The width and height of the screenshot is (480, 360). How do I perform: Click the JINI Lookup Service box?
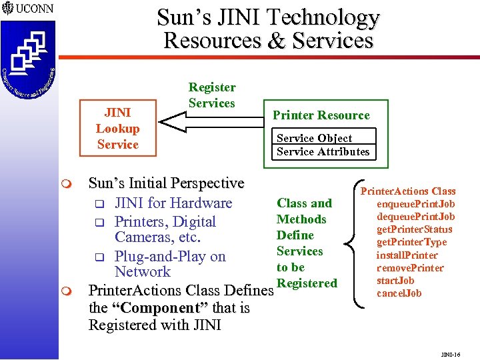[117, 129]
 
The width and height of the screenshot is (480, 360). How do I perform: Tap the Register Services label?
[212, 95]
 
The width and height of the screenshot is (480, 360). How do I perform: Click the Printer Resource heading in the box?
[321, 115]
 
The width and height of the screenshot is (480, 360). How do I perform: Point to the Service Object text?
[314, 138]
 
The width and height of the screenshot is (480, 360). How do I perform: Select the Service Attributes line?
[323, 151]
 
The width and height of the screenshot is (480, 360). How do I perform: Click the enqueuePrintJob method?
[415, 204]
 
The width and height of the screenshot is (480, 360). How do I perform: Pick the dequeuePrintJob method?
[415, 217]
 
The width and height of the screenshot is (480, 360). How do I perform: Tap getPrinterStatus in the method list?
[414, 229]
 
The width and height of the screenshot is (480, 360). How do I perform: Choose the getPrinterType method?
[411, 242]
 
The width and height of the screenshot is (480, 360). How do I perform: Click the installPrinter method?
[407, 255]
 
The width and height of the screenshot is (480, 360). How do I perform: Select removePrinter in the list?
[410, 267]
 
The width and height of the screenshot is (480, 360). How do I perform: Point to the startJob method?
[395, 281]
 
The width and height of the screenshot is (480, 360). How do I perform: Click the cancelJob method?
[399, 293]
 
